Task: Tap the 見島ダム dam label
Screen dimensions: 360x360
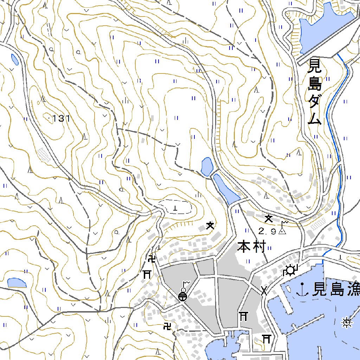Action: (314, 92)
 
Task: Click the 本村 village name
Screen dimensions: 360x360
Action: (250, 246)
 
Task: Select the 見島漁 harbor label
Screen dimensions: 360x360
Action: (336, 289)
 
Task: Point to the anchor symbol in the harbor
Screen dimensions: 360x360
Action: (302, 289)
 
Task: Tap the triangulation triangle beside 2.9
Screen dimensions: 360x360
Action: (282, 231)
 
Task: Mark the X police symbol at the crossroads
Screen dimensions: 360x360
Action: (264, 290)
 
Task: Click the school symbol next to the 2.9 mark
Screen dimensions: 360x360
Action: (269, 219)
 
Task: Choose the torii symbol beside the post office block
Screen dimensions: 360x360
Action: (147, 274)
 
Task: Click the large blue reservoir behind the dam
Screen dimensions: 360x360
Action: (325, 28)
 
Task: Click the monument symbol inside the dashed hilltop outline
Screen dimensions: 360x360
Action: (175, 208)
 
